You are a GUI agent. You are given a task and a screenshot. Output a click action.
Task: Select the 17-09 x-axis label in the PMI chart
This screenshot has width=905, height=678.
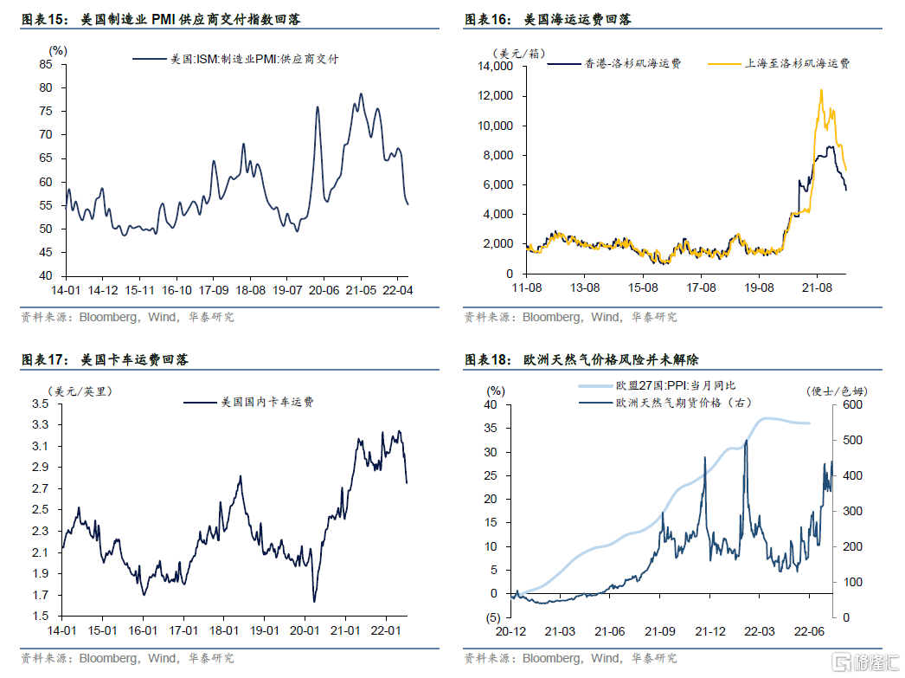click(214, 289)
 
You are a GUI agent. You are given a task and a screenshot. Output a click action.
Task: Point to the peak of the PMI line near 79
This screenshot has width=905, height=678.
click(361, 94)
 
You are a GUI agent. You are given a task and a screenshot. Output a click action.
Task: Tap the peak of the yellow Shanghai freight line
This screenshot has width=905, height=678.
click(821, 90)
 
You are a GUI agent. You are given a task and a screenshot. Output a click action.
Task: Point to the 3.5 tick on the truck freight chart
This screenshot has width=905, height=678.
click(40, 404)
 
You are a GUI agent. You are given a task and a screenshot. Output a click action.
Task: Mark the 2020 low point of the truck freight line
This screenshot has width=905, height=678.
click(314, 602)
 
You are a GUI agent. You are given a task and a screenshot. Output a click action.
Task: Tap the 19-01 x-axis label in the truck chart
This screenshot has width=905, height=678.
click(264, 630)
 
